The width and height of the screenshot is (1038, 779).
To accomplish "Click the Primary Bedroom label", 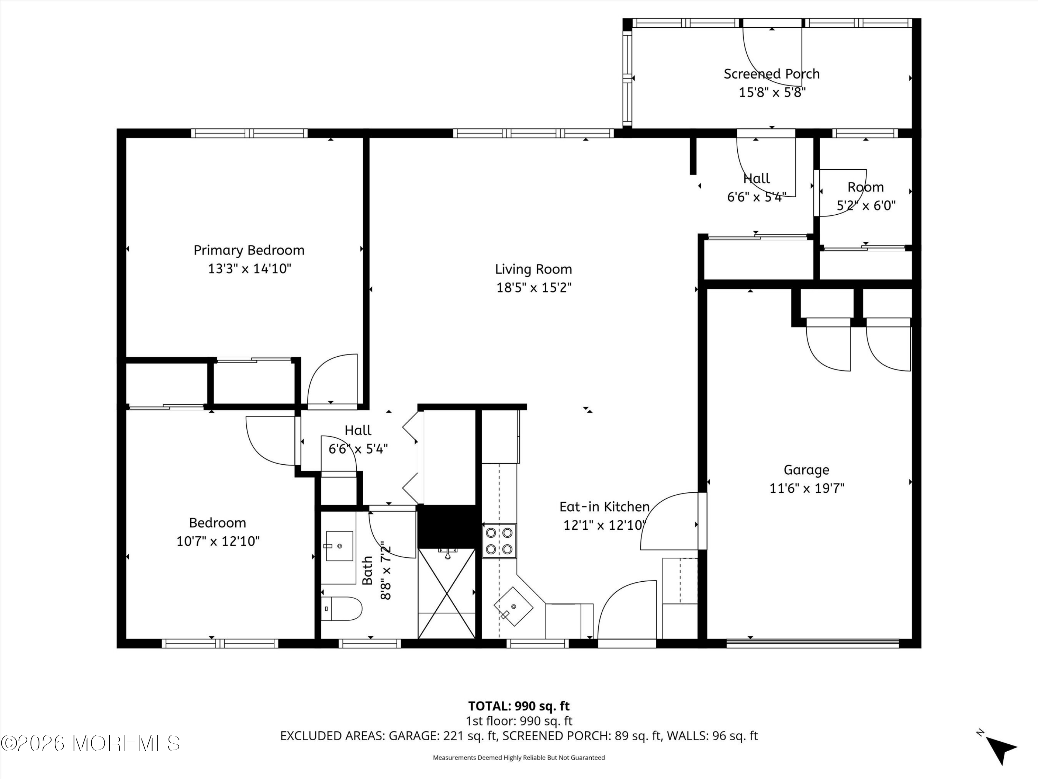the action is [x=249, y=250].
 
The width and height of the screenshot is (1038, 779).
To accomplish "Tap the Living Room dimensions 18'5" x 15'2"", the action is [x=534, y=287].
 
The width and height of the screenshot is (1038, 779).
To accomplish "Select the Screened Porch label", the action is [x=772, y=74].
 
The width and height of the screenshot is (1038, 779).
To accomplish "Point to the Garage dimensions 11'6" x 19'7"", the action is [x=807, y=488].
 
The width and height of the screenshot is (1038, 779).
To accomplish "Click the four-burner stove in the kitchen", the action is [x=499, y=540].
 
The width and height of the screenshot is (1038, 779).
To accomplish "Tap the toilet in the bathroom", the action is [x=342, y=609].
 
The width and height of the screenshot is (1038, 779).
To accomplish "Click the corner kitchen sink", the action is [x=513, y=606].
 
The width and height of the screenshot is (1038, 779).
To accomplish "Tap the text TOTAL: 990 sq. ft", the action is [x=519, y=706].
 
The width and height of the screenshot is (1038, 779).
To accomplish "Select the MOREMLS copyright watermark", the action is [x=90, y=743].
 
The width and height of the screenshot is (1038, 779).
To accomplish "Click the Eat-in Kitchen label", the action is [x=604, y=507].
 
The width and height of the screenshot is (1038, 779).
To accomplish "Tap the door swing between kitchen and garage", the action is [x=670, y=521].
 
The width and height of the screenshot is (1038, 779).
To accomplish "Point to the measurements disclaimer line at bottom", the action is [x=519, y=758].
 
